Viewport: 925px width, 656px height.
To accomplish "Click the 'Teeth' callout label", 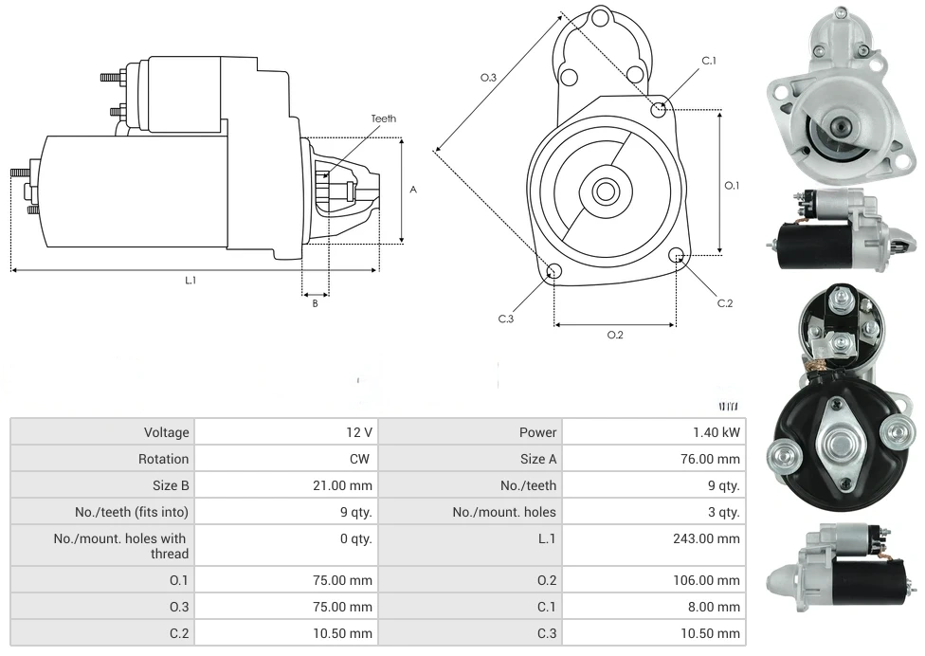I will (383, 118).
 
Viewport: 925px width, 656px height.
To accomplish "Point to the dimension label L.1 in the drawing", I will (190, 280).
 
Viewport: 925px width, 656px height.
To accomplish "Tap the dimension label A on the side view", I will (413, 190).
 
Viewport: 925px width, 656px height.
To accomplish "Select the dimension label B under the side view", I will (315, 303).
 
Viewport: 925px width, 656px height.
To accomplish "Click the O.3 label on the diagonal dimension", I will (489, 78).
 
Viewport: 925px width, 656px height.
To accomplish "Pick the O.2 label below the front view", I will (615, 335).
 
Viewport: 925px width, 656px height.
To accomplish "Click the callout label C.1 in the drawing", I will (709, 61).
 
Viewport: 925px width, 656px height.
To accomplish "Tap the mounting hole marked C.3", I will (555, 273).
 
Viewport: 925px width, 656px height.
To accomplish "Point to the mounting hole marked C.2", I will (677, 255).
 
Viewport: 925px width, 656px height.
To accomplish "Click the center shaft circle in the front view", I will (605, 191).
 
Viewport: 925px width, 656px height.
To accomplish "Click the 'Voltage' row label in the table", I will (167, 432).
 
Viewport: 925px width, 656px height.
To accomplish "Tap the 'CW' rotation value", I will (362, 459).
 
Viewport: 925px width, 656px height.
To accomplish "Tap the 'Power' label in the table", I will (537, 432).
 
